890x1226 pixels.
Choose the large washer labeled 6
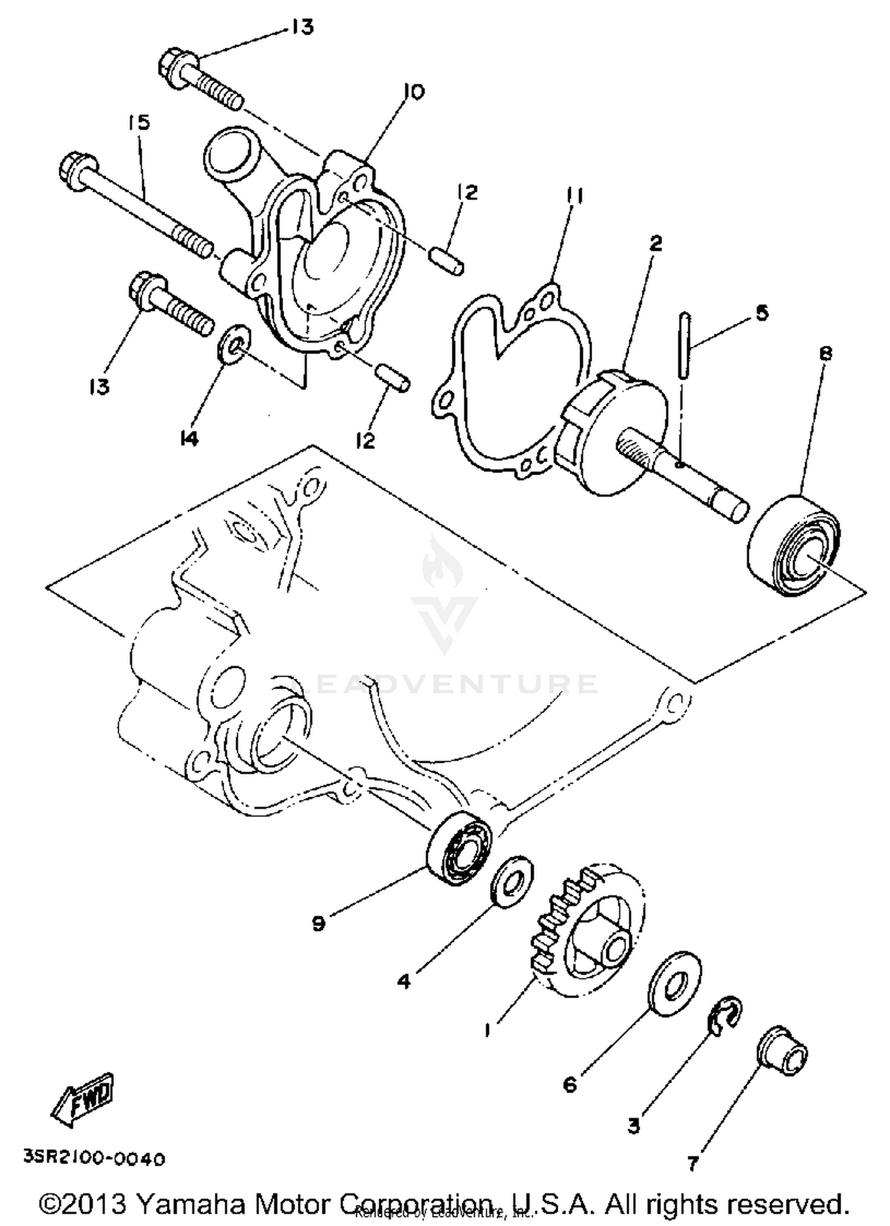pos(673,985)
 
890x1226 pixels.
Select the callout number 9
pos(319,924)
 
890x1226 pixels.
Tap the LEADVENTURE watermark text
pos(445,684)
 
